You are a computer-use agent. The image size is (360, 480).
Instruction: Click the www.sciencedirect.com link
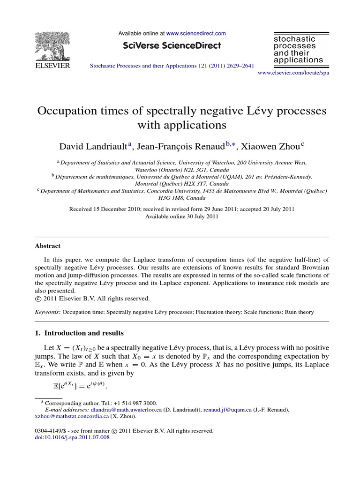196,34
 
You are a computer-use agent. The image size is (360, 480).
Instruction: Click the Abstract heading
47,246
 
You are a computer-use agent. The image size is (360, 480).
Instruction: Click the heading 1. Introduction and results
79,333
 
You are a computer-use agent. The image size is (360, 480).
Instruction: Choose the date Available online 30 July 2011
181,217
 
